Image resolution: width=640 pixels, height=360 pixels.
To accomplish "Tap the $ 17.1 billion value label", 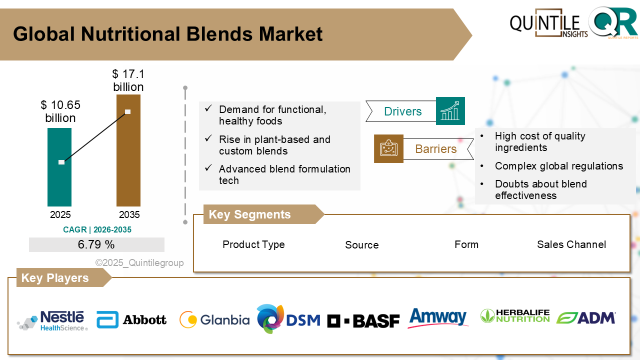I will click(x=128, y=80).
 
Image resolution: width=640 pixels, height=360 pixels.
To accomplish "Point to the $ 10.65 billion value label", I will click(x=60, y=111).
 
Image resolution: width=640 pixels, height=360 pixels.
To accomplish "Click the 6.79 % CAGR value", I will click(x=96, y=244).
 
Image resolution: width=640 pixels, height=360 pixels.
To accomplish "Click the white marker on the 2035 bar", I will click(x=128, y=111).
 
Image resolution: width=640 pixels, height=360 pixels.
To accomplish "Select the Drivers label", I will click(x=402, y=111).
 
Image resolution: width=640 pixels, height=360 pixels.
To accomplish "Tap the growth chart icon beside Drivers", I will click(x=450, y=111).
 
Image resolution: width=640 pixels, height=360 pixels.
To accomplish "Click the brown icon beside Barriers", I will click(x=388, y=148).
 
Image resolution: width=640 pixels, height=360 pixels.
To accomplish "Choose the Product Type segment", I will click(x=253, y=244).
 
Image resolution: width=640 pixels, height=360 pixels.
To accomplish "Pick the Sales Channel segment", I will click(x=571, y=244).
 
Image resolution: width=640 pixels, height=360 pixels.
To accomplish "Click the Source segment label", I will click(x=361, y=245).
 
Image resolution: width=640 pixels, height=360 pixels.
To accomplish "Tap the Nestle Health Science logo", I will click(x=53, y=320).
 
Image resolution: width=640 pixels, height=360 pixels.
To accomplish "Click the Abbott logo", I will click(x=132, y=319).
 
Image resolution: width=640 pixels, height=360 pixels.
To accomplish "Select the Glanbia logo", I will click(x=214, y=319).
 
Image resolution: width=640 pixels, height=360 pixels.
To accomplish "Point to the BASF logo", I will click(x=363, y=320).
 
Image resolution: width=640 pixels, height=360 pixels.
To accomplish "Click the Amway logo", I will click(x=438, y=318).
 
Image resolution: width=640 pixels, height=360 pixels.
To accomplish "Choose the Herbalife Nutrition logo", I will click(x=514, y=316).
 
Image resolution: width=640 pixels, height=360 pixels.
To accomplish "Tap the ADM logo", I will click(x=586, y=318).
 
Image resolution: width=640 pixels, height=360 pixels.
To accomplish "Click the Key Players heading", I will click(x=55, y=278).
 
